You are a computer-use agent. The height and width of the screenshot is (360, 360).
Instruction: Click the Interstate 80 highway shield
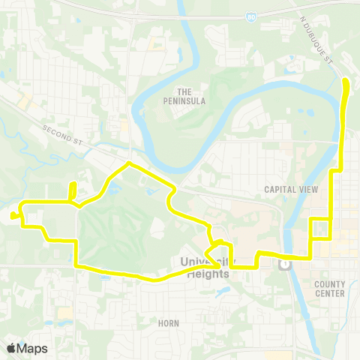click(x=250, y=15)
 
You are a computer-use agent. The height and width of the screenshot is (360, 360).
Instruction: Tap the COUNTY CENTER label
click(x=330, y=289)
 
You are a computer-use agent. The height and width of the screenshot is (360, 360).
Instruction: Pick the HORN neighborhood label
click(x=169, y=322)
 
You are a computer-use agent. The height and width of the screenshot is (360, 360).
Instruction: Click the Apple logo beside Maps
click(x=11, y=348)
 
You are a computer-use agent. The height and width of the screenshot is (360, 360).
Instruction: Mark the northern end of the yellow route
click(x=346, y=80)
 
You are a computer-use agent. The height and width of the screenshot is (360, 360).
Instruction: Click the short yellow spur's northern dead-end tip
click(x=73, y=184)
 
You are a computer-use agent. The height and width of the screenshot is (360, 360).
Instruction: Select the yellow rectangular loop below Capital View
click(x=319, y=228)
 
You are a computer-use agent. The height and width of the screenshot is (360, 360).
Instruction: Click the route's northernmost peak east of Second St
click(x=129, y=163)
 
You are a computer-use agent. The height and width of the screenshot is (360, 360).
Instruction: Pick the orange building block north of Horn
click(x=64, y=312)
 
